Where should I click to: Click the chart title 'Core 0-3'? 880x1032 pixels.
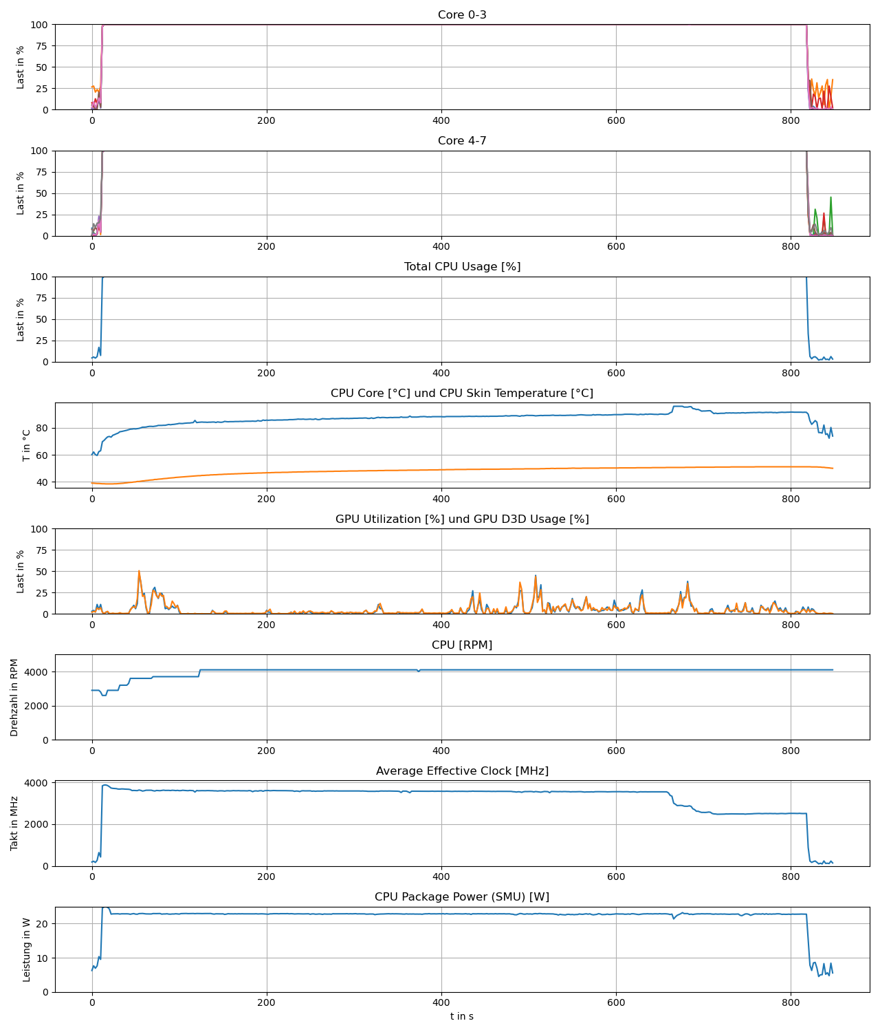[462, 15]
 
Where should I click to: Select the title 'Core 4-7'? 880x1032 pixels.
[462, 141]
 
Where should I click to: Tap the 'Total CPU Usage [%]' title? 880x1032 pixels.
[462, 267]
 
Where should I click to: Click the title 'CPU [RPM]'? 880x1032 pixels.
[462, 645]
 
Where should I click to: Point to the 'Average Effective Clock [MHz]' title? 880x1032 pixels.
[462, 771]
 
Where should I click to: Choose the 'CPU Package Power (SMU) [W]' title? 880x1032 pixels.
[462, 897]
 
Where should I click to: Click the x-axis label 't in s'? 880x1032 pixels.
[462, 1017]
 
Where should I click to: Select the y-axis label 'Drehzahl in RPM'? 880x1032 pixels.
[14, 698]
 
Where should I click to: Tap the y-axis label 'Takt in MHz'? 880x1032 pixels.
[14, 824]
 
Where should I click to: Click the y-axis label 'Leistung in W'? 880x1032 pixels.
[27, 949]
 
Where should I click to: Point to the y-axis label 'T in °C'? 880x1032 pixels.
[27, 445]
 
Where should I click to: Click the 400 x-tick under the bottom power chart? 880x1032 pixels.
[441, 1003]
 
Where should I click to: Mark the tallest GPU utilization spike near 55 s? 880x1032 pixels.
[139, 571]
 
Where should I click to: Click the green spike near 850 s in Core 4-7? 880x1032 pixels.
[830, 198]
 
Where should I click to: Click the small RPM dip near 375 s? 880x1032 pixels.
[418, 671]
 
